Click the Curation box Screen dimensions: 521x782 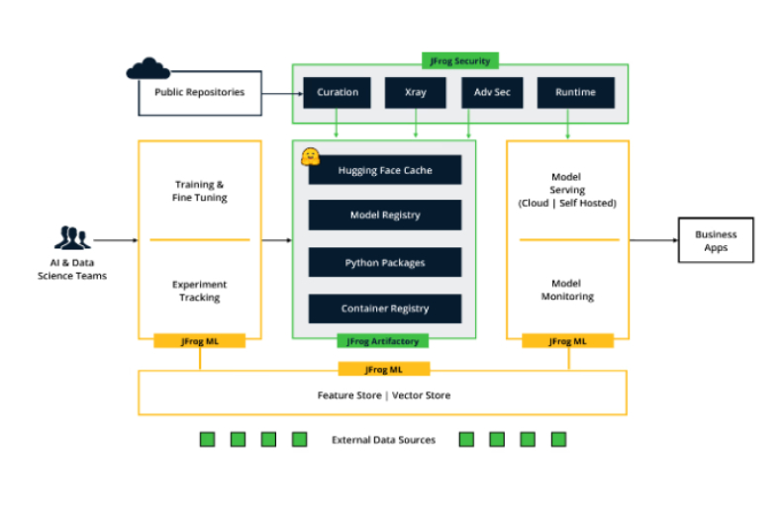337,92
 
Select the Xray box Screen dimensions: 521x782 415,92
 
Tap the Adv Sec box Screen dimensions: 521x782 492,92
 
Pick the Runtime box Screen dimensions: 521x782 575,92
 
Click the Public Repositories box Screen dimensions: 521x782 199,93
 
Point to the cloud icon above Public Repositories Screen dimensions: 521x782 148,68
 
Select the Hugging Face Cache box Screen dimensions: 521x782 385,170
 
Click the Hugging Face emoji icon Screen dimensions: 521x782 310,155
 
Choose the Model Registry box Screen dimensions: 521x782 385,216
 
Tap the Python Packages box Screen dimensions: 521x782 385,263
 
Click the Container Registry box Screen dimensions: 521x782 385,308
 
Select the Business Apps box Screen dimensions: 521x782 716,240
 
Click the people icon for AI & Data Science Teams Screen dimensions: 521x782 72,237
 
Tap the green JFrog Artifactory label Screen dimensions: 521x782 383,341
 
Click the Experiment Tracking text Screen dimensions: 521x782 200,291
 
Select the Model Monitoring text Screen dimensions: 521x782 567,290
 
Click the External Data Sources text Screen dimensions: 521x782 383,440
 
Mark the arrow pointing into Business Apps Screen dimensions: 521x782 653,240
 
